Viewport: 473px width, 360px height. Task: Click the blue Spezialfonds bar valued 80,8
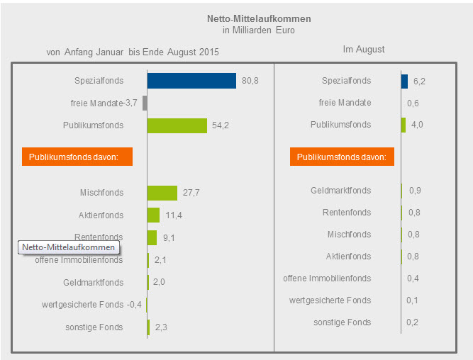click(191, 81)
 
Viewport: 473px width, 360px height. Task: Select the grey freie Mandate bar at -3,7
click(145, 103)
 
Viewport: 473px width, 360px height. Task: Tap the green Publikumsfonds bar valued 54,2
click(177, 125)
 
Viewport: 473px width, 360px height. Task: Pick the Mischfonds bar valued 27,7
click(162, 193)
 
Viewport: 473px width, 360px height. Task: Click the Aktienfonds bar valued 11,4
click(153, 215)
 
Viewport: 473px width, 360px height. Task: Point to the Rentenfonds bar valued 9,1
click(152, 237)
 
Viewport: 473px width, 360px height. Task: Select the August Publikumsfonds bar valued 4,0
click(404, 125)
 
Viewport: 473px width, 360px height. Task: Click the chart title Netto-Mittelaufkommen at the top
click(258, 18)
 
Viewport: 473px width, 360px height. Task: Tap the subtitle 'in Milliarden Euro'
click(258, 30)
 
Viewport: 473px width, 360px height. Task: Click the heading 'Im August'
click(364, 50)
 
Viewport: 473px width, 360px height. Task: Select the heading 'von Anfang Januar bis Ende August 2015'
click(133, 52)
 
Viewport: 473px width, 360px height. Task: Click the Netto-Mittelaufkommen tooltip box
click(68, 247)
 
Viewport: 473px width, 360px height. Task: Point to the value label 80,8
click(250, 81)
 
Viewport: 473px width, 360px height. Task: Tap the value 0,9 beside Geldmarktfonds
click(414, 191)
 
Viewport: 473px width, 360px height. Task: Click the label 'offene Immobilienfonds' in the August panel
click(327, 279)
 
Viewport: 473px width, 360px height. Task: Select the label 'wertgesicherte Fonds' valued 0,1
click(330, 300)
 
